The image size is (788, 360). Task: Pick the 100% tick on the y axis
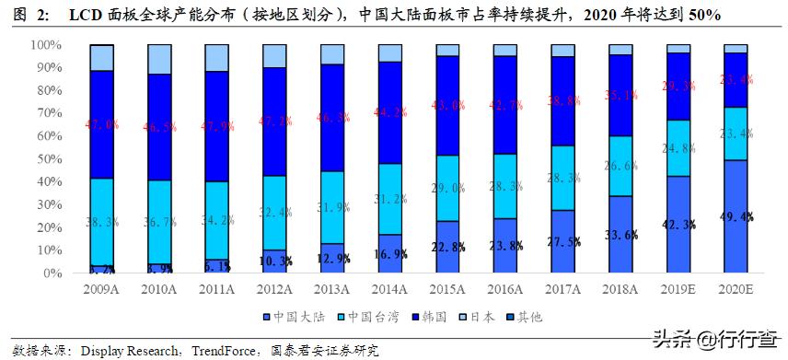[x=45, y=44]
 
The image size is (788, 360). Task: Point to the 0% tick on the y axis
[x=52, y=273]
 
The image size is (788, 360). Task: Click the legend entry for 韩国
[x=434, y=317]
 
